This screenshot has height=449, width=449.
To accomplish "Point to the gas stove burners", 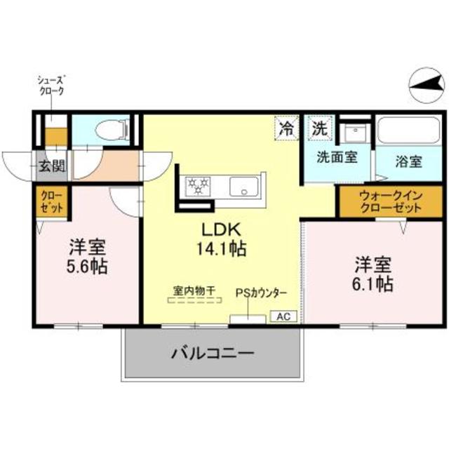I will tap(198, 186).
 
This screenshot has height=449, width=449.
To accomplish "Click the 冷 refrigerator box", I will tap(286, 128).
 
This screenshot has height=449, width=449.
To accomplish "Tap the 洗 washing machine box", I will tap(319, 128).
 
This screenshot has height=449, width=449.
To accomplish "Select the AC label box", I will tap(283, 316).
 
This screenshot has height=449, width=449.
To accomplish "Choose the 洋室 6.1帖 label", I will tap(373, 274).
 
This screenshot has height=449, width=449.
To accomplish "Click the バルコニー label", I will tap(212, 353).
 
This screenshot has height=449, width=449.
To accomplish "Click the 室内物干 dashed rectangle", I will tap(194, 300).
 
